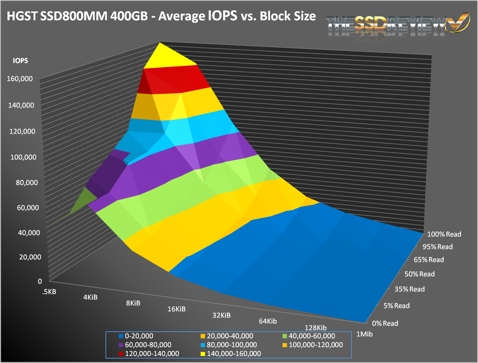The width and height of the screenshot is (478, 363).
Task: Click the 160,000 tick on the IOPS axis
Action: (x=20, y=78)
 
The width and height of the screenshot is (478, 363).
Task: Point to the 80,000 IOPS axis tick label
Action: (x=27, y=182)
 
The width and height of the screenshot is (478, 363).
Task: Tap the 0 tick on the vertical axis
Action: (x=40, y=281)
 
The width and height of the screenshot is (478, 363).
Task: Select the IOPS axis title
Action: (x=20, y=61)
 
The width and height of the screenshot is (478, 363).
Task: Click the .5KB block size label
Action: (x=49, y=292)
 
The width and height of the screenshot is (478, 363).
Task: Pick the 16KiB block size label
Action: (x=176, y=309)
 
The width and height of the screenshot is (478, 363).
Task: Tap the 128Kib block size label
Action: (x=315, y=328)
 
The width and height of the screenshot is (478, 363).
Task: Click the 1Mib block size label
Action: (x=364, y=334)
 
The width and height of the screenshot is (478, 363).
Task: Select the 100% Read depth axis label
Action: (x=444, y=234)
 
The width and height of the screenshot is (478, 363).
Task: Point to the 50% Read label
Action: (x=419, y=274)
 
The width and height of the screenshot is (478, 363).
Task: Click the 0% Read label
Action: (x=385, y=324)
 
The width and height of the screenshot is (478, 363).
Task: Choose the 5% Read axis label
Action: (x=396, y=306)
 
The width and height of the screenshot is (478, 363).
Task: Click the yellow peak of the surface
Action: (x=162, y=55)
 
